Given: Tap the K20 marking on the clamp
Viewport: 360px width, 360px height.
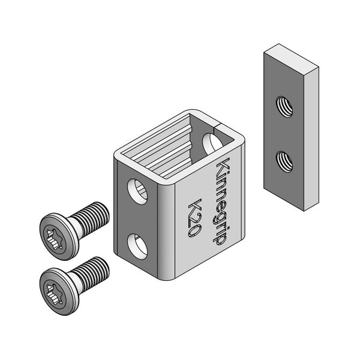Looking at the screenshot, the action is (194, 218).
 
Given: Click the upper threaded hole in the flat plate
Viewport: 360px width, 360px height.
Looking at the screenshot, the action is (284, 107).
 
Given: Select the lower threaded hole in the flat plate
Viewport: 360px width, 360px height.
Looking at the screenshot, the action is (284, 161).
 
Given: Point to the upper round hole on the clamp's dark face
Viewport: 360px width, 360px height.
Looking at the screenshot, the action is (137, 191).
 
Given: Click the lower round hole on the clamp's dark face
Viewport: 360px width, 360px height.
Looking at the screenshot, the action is (137, 247).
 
